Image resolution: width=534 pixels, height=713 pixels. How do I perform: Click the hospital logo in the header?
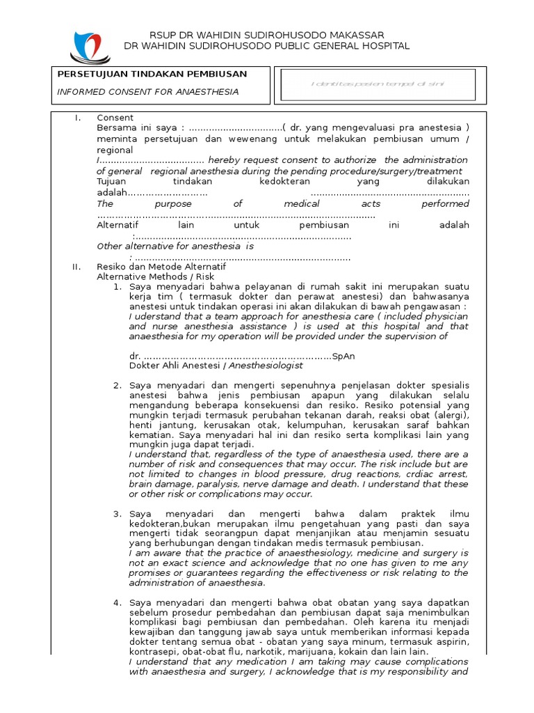90,46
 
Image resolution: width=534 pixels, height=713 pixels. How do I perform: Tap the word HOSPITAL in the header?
385,46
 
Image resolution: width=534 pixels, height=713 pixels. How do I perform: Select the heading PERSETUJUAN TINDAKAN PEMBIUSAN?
152,74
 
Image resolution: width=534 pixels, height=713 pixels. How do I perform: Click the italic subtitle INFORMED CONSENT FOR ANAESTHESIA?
147,91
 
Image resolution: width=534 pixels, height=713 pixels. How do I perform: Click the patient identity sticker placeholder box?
378,84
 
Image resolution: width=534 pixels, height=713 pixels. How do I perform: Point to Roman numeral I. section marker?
78,118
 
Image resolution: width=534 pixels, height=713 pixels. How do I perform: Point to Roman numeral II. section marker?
77,267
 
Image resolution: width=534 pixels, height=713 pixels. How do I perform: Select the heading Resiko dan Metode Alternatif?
161,267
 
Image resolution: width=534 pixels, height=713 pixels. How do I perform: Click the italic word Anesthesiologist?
266,365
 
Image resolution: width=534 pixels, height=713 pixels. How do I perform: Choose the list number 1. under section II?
118,287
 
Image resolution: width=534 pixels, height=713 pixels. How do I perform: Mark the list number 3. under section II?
118,514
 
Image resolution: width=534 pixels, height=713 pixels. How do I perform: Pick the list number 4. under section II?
118,602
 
